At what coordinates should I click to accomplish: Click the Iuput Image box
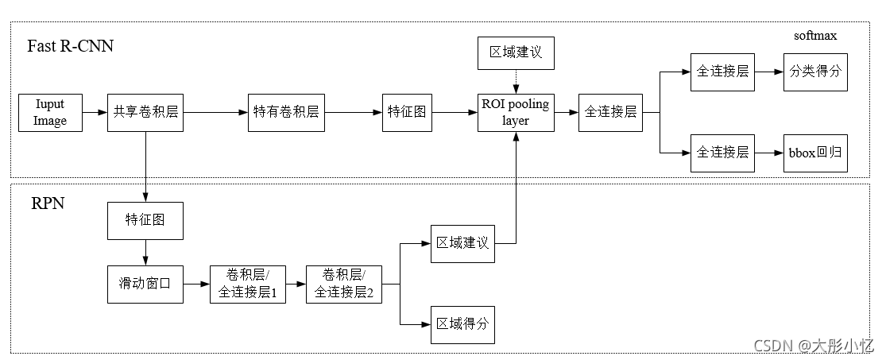(x=50, y=112)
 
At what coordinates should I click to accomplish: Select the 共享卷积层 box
(x=145, y=112)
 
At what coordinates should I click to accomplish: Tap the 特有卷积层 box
(x=286, y=112)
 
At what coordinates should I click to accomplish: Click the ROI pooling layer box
(x=516, y=112)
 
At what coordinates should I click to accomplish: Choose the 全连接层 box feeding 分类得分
(x=722, y=72)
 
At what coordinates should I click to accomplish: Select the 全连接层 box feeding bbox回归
(x=722, y=153)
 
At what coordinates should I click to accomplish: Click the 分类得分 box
(x=816, y=72)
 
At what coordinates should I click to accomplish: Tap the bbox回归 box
(x=816, y=153)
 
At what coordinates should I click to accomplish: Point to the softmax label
(x=815, y=36)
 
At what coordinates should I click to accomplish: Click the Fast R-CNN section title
(x=71, y=45)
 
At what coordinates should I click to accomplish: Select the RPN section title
(x=47, y=203)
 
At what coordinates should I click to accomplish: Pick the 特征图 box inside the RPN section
(x=145, y=220)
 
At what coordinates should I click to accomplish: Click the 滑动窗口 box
(x=145, y=284)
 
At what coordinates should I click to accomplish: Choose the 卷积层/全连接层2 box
(x=343, y=284)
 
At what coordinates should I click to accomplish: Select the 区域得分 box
(x=462, y=324)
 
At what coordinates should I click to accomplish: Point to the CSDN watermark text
(x=814, y=346)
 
